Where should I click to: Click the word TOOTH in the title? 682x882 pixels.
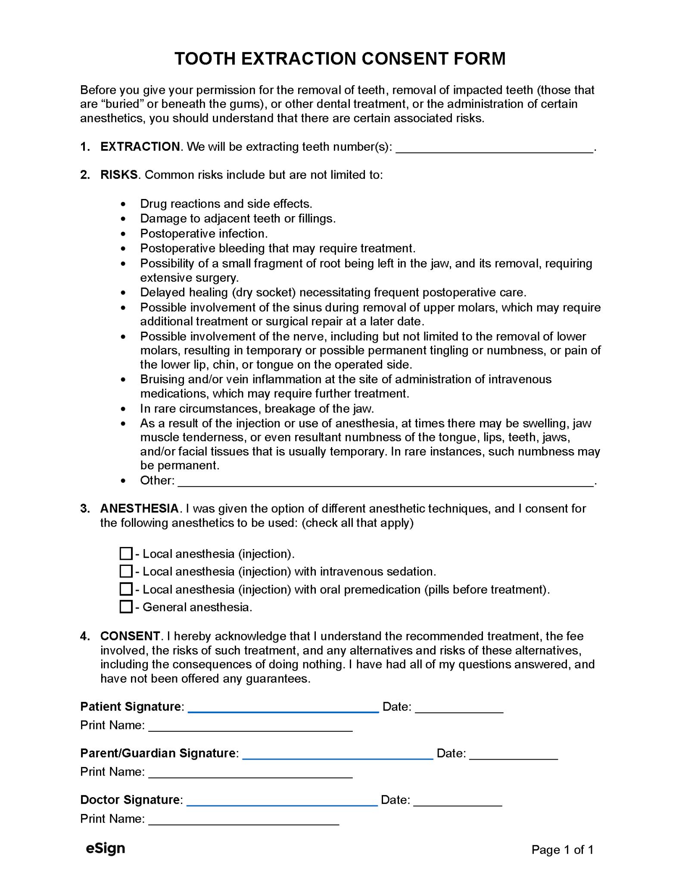(205, 59)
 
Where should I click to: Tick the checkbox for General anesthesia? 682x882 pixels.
(126, 607)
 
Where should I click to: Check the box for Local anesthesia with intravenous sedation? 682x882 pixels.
(126, 571)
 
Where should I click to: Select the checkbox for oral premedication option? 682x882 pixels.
(126, 589)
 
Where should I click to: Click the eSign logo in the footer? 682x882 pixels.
(106, 848)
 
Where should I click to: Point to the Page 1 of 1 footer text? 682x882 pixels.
(562, 850)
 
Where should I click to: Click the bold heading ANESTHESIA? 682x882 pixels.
(139, 509)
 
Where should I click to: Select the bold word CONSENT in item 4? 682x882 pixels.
(130, 636)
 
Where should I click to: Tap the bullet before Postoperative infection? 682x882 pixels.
(124, 234)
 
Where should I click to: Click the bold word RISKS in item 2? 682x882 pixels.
(119, 175)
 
